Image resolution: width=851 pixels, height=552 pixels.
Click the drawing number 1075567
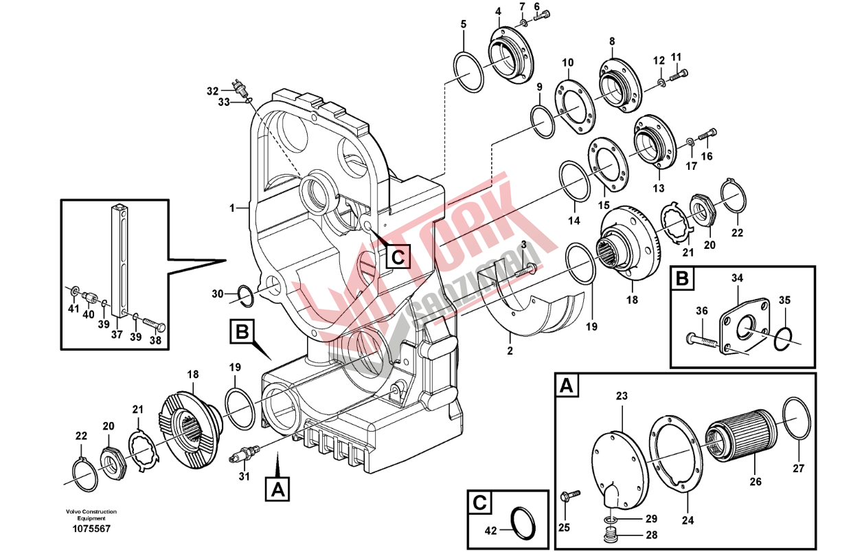(91, 529)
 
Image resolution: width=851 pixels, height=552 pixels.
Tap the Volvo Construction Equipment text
(91, 515)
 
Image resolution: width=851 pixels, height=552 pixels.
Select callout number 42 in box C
(491, 530)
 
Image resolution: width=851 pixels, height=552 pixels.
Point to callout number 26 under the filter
(756, 482)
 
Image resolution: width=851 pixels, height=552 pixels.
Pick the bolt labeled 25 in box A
(569, 496)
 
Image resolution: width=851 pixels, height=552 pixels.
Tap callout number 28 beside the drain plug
(652, 535)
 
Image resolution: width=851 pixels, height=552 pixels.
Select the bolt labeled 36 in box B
(703, 340)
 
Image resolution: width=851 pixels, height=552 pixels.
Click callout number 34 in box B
(737, 278)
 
